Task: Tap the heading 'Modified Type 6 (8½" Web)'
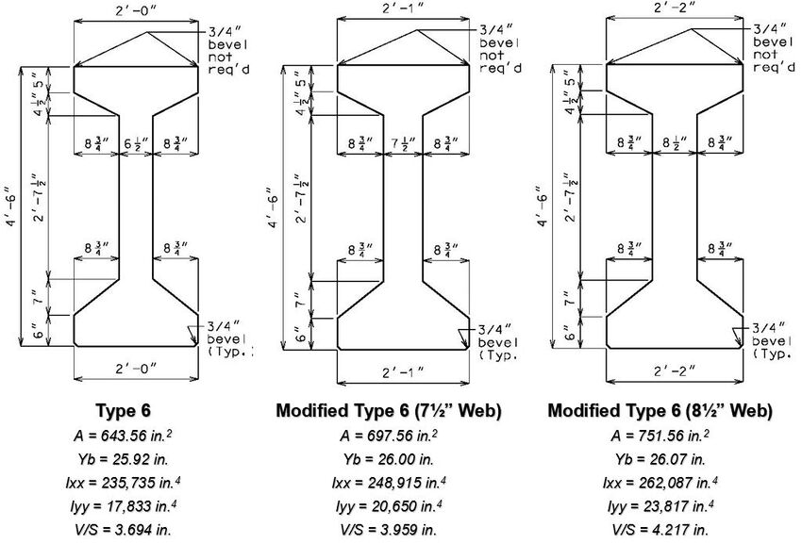pos(660,411)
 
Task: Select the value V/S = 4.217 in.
pos(660,528)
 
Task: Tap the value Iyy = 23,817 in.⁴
pos(660,505)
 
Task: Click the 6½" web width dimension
pos(136,143)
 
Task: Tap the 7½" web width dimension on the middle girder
pos(403,143)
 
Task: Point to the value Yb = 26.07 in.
pos(660,459)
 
